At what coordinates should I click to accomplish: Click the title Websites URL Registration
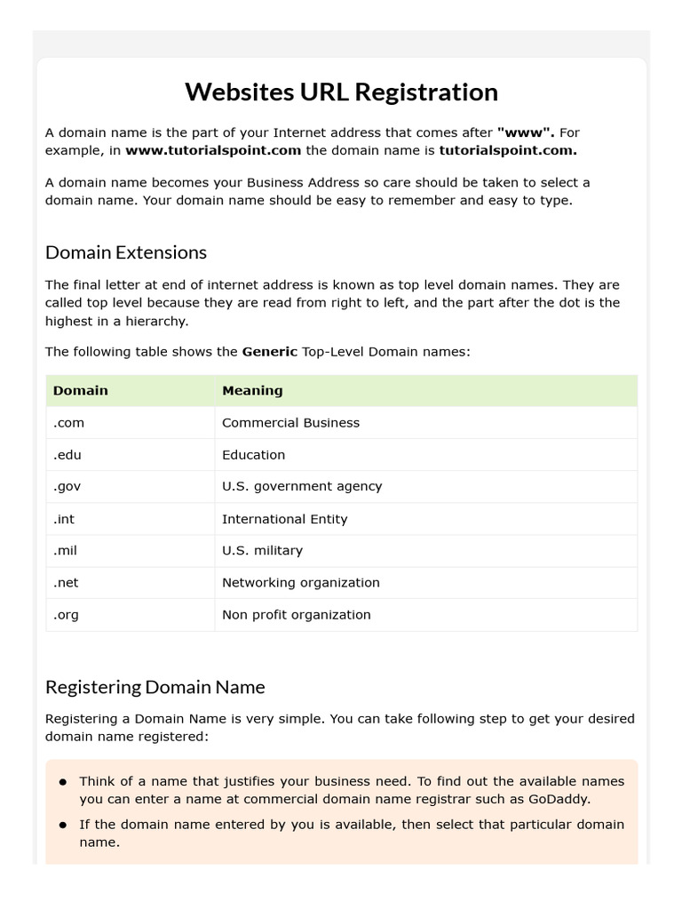click(x=341, y=92)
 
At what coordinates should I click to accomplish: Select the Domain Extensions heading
click(x=125, y=252)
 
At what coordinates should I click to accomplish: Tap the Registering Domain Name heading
click(x=155, y=687)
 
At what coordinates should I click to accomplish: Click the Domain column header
click(x=80, y=390)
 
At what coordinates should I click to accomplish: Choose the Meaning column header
click(x=252, y=390)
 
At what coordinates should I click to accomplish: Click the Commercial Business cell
click(x=290, y=423)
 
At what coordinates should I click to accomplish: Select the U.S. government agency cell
click(x=302, y=487)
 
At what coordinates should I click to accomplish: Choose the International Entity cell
click(x=284, y=519)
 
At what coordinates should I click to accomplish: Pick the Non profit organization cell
click(x=296, y=615)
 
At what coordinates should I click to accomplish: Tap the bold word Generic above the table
click(x=269, y=352)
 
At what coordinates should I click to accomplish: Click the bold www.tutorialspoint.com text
click(x=213, y=150)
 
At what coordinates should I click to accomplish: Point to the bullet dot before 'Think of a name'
click(x=63, y=782)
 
